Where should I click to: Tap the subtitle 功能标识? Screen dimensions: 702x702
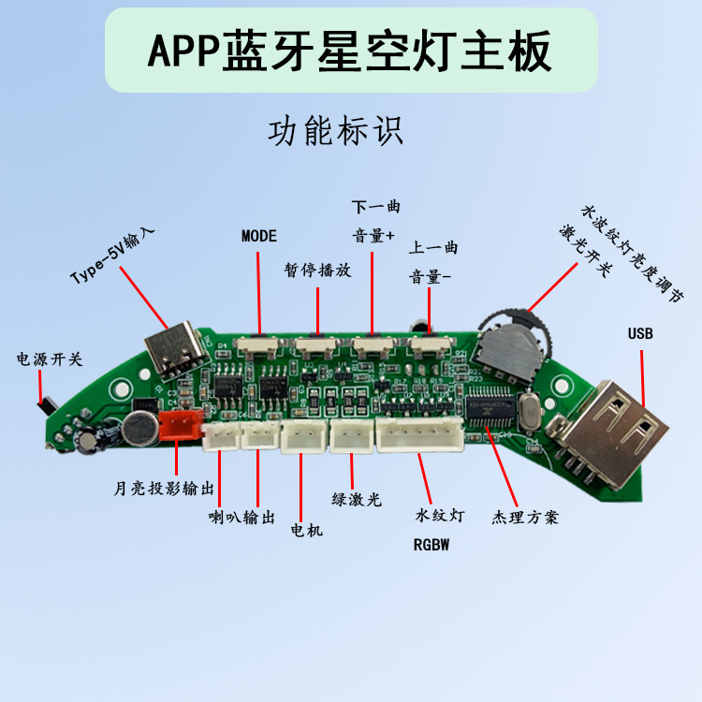335,131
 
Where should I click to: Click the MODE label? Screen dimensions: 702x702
259,235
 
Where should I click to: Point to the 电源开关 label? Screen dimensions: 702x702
50,359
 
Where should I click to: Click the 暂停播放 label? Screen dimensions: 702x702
318,270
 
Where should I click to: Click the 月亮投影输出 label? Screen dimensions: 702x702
164,489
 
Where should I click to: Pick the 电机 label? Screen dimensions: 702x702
307,531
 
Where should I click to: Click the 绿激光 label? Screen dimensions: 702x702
357,500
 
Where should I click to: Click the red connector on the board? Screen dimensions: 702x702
179,427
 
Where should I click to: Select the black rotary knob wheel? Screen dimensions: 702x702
505,344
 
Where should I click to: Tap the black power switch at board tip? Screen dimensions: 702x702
43,406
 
